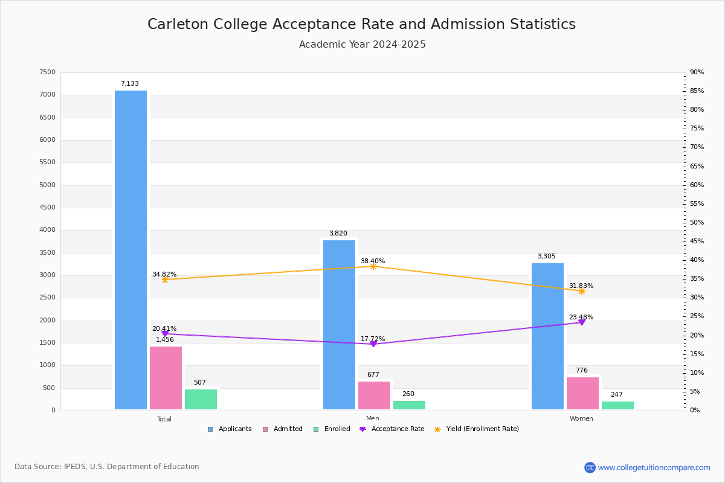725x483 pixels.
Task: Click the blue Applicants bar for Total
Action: pyautogui.click(x=130, y=250)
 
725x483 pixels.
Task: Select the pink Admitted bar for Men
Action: pyautogui.click(x=374, y=395)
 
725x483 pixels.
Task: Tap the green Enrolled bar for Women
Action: pyautogui.click(x=617, y=405)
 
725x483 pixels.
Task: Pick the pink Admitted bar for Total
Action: pyautogui.click(x=166, y=378)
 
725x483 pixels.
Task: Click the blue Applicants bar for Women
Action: pyautogui.click(x=547, y=336)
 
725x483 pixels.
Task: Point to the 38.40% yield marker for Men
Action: pyautogui.click(x=373, y=266)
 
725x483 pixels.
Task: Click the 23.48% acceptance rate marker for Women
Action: pyautogui.click(x=582, y=322)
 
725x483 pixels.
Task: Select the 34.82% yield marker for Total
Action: pyautogui.click(x=165, y=280)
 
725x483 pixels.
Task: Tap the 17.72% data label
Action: pyautogui.click(x=373, y=339)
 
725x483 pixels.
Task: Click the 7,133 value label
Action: pyautogui.click(x=130, y=84)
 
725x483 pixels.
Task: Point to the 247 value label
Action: pyautogui.click(x=616, y=395)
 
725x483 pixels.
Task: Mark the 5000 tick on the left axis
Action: pyautogui.click(x=48, y=185)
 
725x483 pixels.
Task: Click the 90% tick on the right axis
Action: pyautogui.click(x=697, y=72)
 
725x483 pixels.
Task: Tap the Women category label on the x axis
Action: pyautogui.click(x=581, y=419)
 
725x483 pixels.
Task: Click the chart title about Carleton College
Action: pyautogui.click(x=361, y=24)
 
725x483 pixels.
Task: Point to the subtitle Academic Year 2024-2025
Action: pyautogui.click(x=362, y=45)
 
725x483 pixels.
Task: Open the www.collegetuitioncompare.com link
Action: pyautogui.click(x=654, y=467)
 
